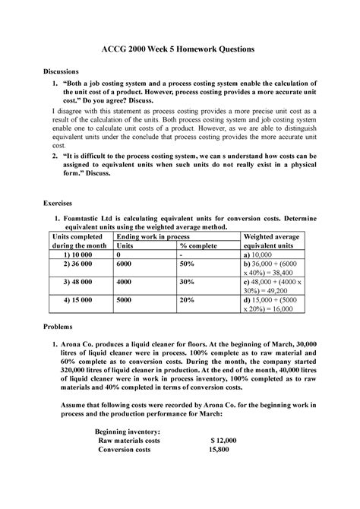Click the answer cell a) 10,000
(x=261, y=257)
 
